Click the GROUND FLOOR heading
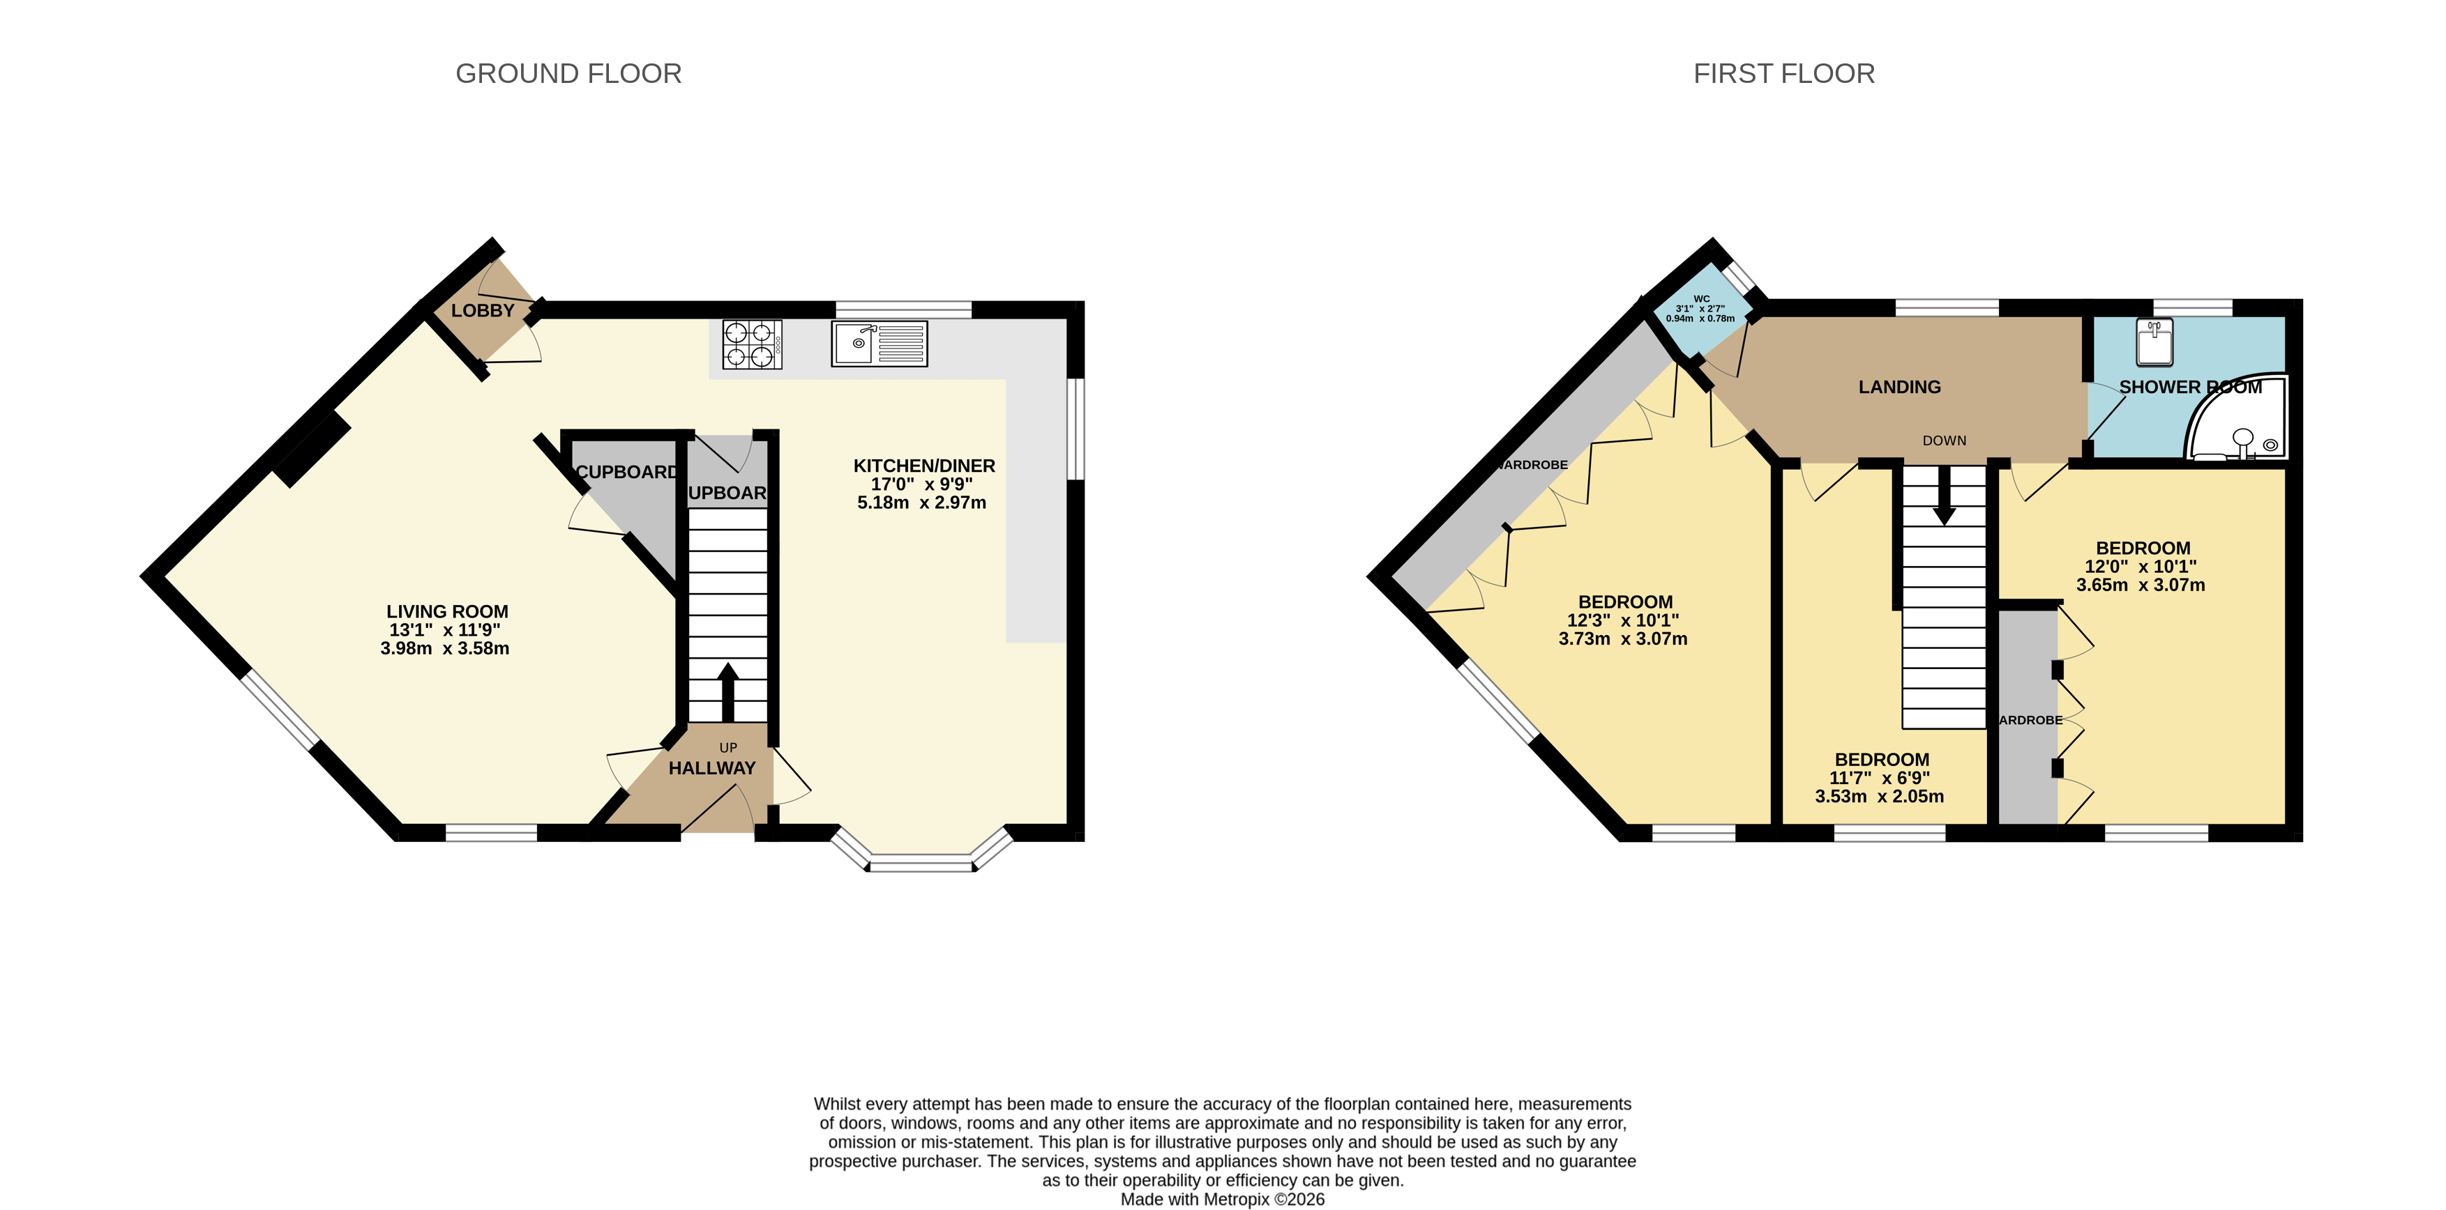568,73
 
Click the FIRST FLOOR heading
1783,73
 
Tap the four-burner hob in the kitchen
751,344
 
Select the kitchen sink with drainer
879,344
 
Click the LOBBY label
483,310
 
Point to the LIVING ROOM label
446,611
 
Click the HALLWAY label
711,768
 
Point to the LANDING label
1899,386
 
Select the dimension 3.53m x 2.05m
1879,796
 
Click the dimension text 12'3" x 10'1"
1623,620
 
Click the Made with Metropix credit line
1222,1199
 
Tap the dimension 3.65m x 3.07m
2141,585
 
